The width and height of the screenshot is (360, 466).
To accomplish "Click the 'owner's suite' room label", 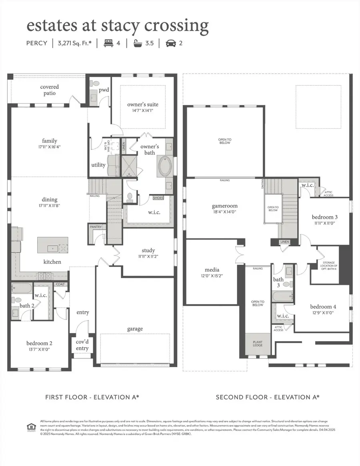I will pyautogui.click(x=140, y=105).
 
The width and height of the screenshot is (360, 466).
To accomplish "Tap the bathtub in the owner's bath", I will pyautogui.click(x=165, y=167).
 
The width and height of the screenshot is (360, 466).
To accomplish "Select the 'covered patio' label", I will pyautogui.click(x=50, y=90).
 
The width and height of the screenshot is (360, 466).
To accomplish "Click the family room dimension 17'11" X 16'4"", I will pyautogui.click(x=50, y=147).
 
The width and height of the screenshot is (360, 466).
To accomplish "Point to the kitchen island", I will pyautogui.click(x=53, y=245).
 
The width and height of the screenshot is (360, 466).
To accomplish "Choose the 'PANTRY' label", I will pyautogui.click(x=96, y=227).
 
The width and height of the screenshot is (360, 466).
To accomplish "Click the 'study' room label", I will pyautogui.click(x=148, y=251).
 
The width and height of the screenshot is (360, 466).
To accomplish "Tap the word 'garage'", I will pyautogui.click(x=135, y=329).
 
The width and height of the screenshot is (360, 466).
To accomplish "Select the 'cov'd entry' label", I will pyautogui.click(x=82, y=345).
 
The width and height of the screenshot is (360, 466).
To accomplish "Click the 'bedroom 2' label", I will pyautogui.click(x=39, y=343).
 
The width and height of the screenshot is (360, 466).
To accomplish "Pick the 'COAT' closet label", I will pyautogui.click(x=60, y=284).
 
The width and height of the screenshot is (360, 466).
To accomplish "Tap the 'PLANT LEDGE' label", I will pyautogui.click(x=258, y=343).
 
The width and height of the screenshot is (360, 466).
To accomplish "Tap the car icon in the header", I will pyautogui.click(x=171, y=43).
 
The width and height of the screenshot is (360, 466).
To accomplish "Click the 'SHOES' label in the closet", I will pyautogui.click(x=158, y=198).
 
